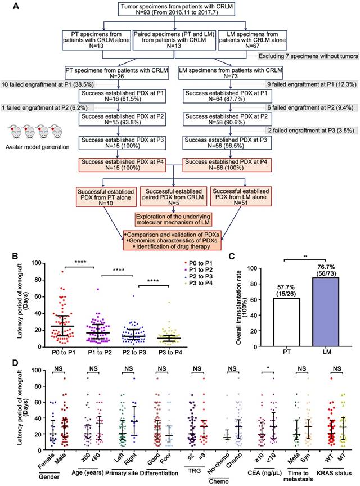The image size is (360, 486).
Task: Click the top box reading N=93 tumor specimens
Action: (x=178, y=11)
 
